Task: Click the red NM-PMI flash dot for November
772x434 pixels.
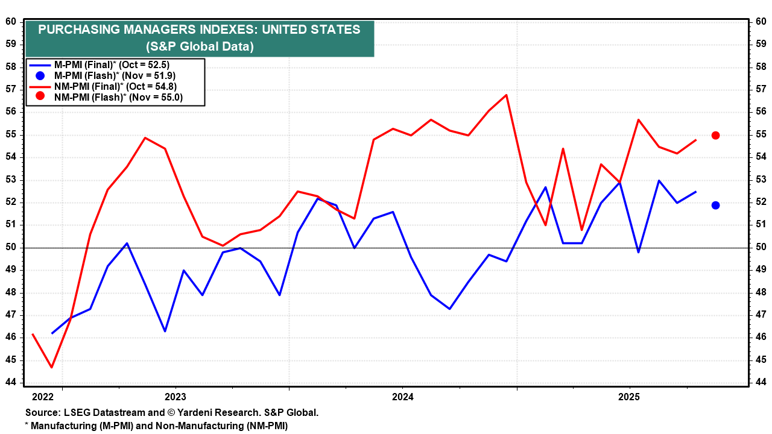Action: coord(715,135)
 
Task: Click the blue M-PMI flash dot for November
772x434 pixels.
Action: coord(715,205)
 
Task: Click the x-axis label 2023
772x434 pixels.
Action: coord(175,397)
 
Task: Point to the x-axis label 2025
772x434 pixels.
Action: coord(630,397)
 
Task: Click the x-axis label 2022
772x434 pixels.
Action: coord(43,397)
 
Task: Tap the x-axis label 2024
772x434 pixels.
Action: coord(402,397)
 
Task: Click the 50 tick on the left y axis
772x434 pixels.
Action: coord(11,247)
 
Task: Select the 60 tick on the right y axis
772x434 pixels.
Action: coord(761,22)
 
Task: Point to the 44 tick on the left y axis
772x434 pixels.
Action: coord(11,382)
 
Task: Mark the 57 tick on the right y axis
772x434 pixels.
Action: coord(761,89)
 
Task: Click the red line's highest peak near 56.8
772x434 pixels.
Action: coord(505,95)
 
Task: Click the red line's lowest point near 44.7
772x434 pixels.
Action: coord(51,367)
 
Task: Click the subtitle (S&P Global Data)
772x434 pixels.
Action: coord(200,46)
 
